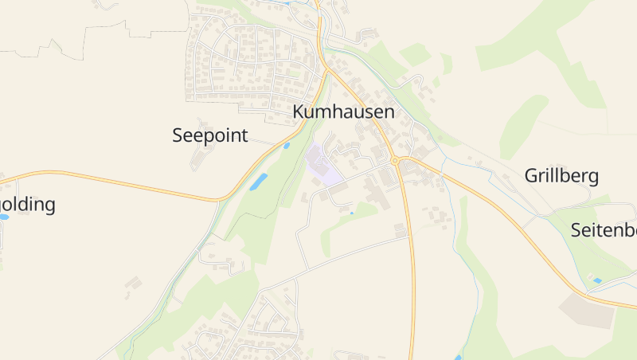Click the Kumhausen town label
(x=343, y=112)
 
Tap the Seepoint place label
(x=210, y=135)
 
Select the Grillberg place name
(x=561, y=176)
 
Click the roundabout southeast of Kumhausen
(x=395, y=161)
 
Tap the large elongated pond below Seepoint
(x=258, y=182)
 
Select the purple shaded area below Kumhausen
(x=322, y=166)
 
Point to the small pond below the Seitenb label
(x=597, y=280)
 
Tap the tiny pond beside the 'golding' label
(x=3, y=217)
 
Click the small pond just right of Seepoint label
(x=286, y=146)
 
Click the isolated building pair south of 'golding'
(x=134, y=283)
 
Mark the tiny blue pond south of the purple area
(x=351, y=213)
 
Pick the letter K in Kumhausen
(x=299, y=112)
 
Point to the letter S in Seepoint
(x=178, y=135)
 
